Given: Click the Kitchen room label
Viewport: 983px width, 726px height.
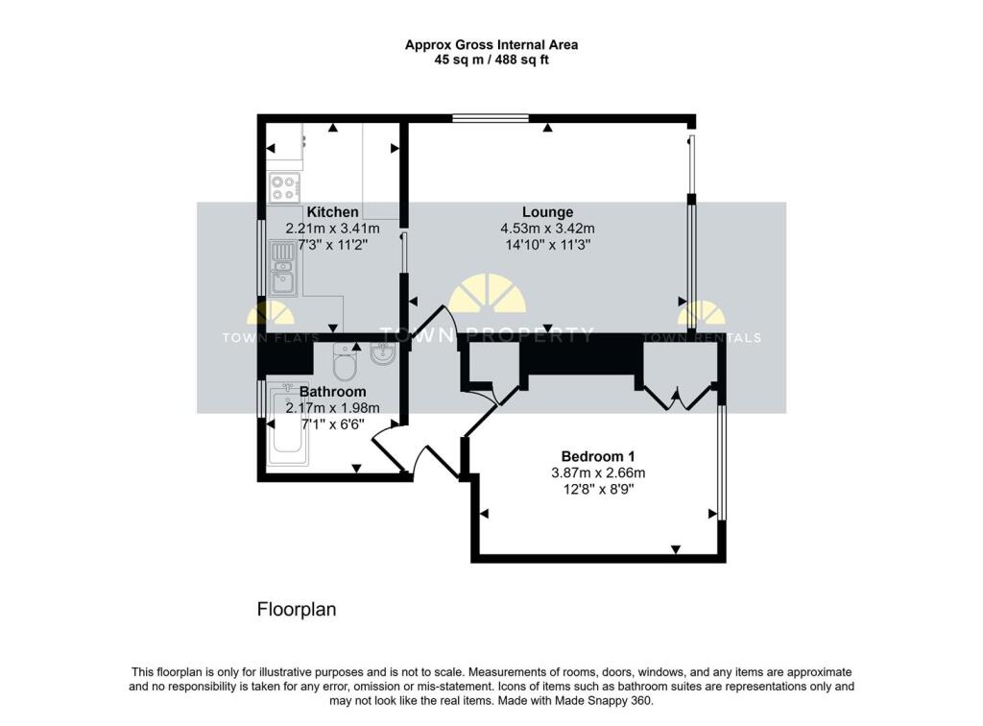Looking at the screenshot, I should tap(332, 212).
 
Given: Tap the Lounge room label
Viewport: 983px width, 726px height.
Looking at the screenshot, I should tap(547, 212).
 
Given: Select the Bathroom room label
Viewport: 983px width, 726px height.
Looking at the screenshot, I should tap(332, 392).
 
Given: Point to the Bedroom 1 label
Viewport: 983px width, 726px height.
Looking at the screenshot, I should tap(597, 456).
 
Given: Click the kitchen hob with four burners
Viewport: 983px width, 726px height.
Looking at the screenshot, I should tap(284, 188).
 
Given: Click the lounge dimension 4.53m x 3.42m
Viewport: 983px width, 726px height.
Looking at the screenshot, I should tap(547, 229).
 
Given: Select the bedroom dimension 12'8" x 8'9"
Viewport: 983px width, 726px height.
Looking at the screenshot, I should tap(597, 489).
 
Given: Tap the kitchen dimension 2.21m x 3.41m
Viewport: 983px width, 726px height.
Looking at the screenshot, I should tap(332, 229).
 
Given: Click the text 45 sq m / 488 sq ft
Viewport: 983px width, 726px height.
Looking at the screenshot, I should tap(491, 60).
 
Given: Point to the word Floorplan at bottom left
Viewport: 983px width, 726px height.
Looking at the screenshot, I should tap(297, 610).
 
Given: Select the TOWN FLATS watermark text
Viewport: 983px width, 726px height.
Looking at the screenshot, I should tap(258, 337).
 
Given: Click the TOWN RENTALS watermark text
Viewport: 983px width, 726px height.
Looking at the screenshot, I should tap(701, 337).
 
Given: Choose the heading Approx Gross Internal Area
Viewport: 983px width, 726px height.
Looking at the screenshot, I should tap(491, 44).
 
